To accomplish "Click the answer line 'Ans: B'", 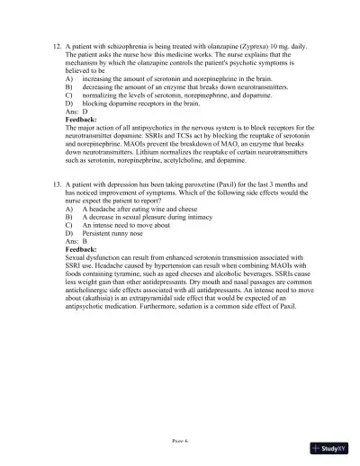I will pyautogui.click(x=77, y=241).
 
